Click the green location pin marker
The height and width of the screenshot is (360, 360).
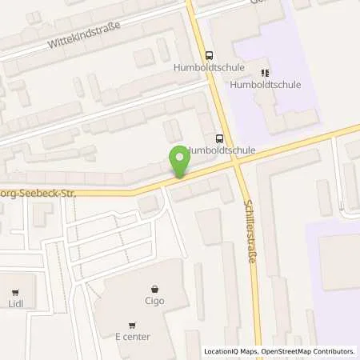[180, 163]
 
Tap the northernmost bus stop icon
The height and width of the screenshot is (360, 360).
[210, 55]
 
